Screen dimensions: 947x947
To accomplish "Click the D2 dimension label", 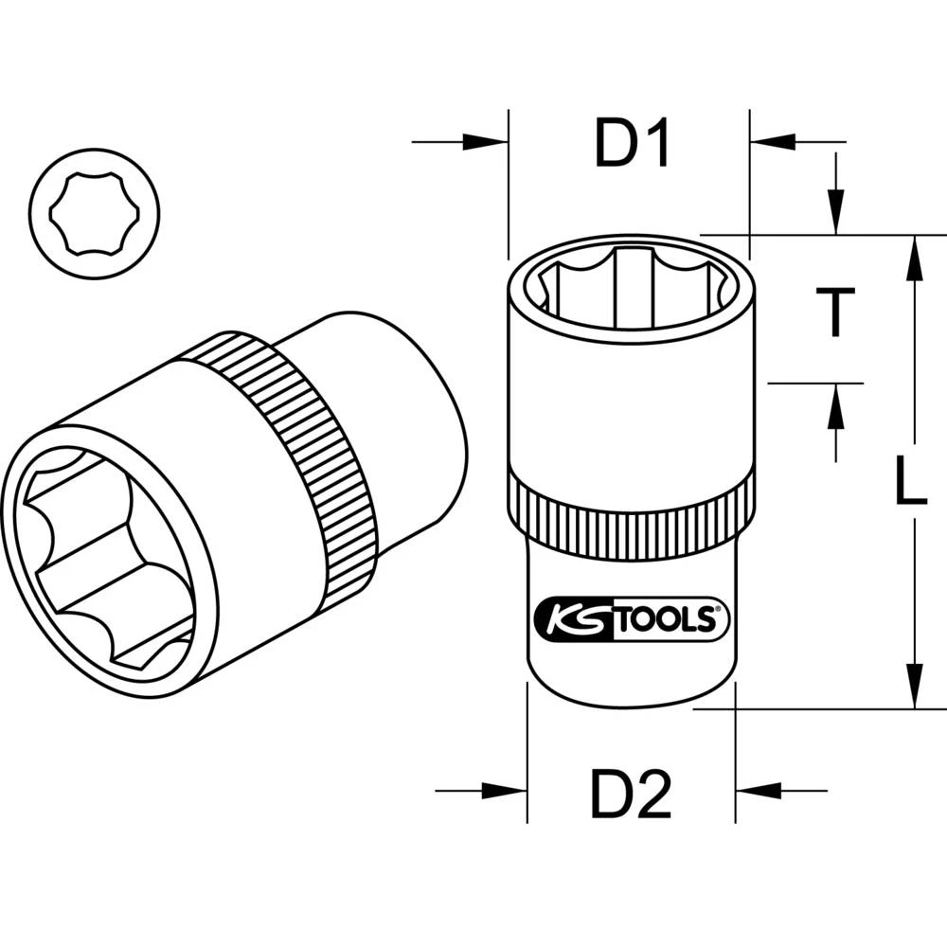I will point(631,795).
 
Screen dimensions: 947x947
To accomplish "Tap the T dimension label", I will point(834,313).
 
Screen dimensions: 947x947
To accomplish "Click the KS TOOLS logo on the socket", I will point(632,620).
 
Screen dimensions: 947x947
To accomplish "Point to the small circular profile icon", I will point(94,213).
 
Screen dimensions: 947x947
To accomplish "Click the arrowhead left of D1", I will point(485,143).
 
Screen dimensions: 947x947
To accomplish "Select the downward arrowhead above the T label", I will point(835,209).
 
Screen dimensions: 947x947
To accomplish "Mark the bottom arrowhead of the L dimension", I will point(915,684).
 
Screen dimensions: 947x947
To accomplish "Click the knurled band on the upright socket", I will point(632,512).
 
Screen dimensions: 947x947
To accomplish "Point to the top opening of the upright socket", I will point(632,284).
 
